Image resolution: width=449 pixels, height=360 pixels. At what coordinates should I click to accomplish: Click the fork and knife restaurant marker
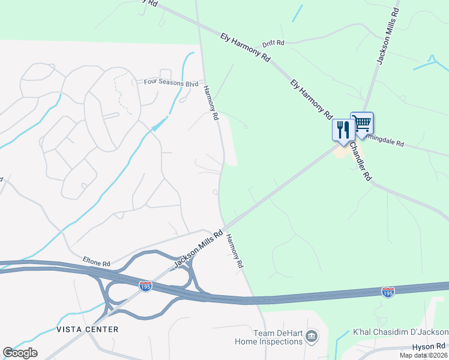[342, 130]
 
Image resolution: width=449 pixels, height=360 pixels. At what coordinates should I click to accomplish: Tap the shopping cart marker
[361, 123]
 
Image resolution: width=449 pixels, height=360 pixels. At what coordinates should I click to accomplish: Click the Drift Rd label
[273, 44]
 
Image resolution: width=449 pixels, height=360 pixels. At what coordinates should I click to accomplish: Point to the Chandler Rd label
[361, 163]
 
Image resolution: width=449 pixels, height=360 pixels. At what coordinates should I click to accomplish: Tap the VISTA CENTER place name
[87, 329]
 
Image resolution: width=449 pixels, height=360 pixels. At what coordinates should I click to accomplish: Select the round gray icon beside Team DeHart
[312, 336]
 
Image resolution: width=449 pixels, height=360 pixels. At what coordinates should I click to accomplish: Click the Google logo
[20, 353]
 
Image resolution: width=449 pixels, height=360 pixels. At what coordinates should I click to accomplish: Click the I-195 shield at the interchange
[145, 287]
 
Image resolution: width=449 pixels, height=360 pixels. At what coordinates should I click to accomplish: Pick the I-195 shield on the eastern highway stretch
[388, 292]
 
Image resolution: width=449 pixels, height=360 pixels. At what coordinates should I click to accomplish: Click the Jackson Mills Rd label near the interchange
[198, 248]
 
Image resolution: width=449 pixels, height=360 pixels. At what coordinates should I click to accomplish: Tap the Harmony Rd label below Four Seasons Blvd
[209, 103]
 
